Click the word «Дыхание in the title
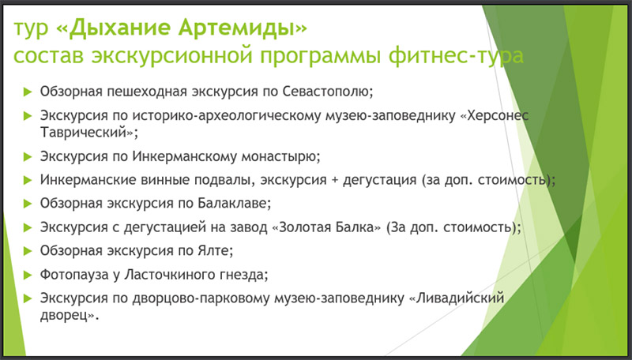113,28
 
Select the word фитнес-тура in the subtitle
456,56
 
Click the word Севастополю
328,92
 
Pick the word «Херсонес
495,115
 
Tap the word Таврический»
88,133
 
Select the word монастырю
280,156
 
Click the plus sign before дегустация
334,180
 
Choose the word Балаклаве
234,204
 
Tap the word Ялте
215,251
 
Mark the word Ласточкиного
171,275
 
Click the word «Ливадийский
457,298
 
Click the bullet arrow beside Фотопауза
28,275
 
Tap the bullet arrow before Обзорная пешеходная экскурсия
28,92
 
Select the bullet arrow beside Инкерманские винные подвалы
28,180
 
